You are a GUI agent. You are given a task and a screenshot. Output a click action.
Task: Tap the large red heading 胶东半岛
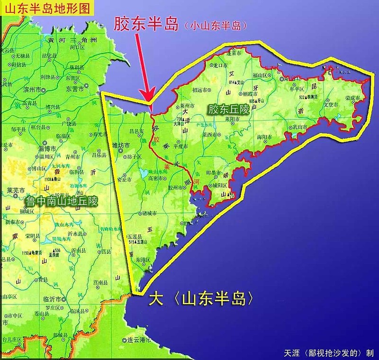point(145,25)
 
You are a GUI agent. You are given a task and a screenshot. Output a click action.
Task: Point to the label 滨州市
point(32,90)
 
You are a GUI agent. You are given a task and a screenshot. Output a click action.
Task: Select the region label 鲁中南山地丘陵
point(62,202)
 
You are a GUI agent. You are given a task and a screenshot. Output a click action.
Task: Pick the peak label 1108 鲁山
point(53,180)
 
